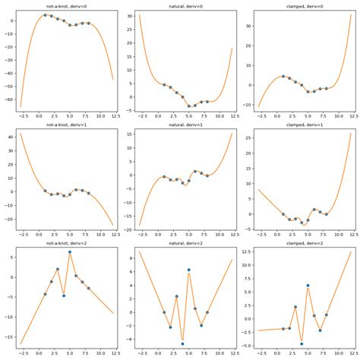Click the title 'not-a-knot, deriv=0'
(64, 5)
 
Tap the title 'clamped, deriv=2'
(301, 242)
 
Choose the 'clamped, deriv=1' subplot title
(301, 124)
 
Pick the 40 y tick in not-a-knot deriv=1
(10, 137)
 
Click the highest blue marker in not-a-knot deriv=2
(70, 251)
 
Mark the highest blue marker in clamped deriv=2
(308, 286)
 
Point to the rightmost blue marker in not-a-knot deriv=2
(89, 288)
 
